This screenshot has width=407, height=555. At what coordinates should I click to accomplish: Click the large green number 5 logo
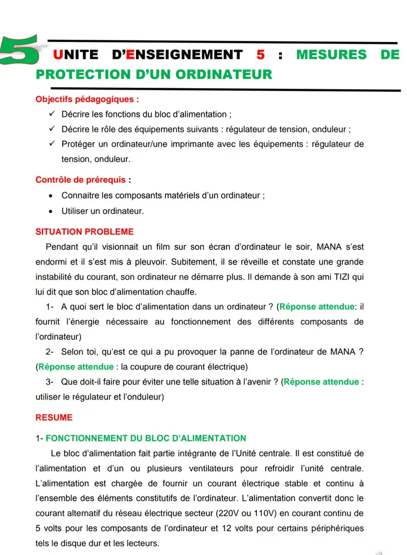19,50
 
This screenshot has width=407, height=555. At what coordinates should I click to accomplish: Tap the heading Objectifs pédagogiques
87,99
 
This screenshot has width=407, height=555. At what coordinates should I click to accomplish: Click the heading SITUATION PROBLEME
84,232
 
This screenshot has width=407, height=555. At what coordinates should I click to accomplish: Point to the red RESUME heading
54,418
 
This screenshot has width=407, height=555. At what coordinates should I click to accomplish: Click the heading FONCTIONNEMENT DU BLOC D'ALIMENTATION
149,438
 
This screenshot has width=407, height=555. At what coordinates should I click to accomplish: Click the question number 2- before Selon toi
50,352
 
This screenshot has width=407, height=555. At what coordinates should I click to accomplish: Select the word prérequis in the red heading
100,180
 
